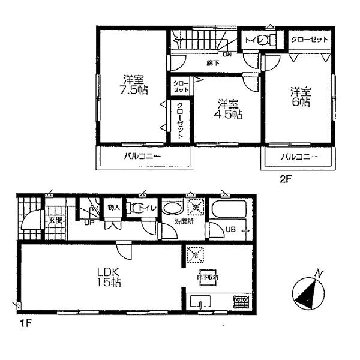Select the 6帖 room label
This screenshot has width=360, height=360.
tap(301, 97)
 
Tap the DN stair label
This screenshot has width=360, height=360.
tap(227, 55)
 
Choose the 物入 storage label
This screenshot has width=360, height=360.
tap(113, 208)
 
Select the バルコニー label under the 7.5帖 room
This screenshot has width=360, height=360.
tap(143, 157)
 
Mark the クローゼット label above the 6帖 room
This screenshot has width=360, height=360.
tap(310, 40)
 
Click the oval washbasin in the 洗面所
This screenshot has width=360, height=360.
tap(173, 209)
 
